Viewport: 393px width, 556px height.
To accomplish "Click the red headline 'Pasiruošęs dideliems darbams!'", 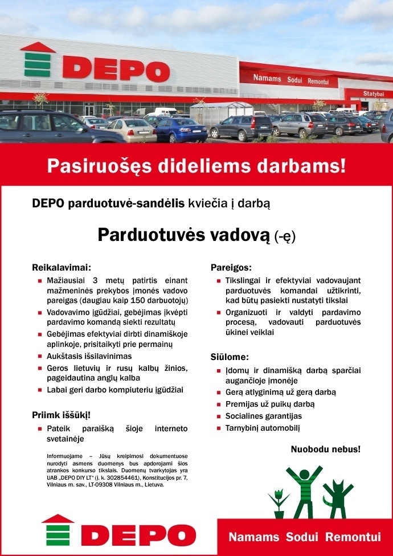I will click(196, 166).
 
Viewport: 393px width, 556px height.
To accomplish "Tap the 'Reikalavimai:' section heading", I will click(62, 267).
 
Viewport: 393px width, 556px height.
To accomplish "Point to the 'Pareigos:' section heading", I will click(231, 267).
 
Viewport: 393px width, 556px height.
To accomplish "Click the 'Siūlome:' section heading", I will click(230, 357).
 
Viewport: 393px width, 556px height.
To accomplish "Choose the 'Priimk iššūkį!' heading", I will click(62, 414).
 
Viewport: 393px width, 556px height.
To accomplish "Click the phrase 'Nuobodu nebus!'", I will click(325, 449).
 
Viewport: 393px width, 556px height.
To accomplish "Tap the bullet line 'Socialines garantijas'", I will click(263, 416).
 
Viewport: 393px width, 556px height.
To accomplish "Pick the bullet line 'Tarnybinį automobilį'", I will click(262, 428).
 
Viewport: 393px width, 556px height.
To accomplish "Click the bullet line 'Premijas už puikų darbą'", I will click(269, 404).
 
